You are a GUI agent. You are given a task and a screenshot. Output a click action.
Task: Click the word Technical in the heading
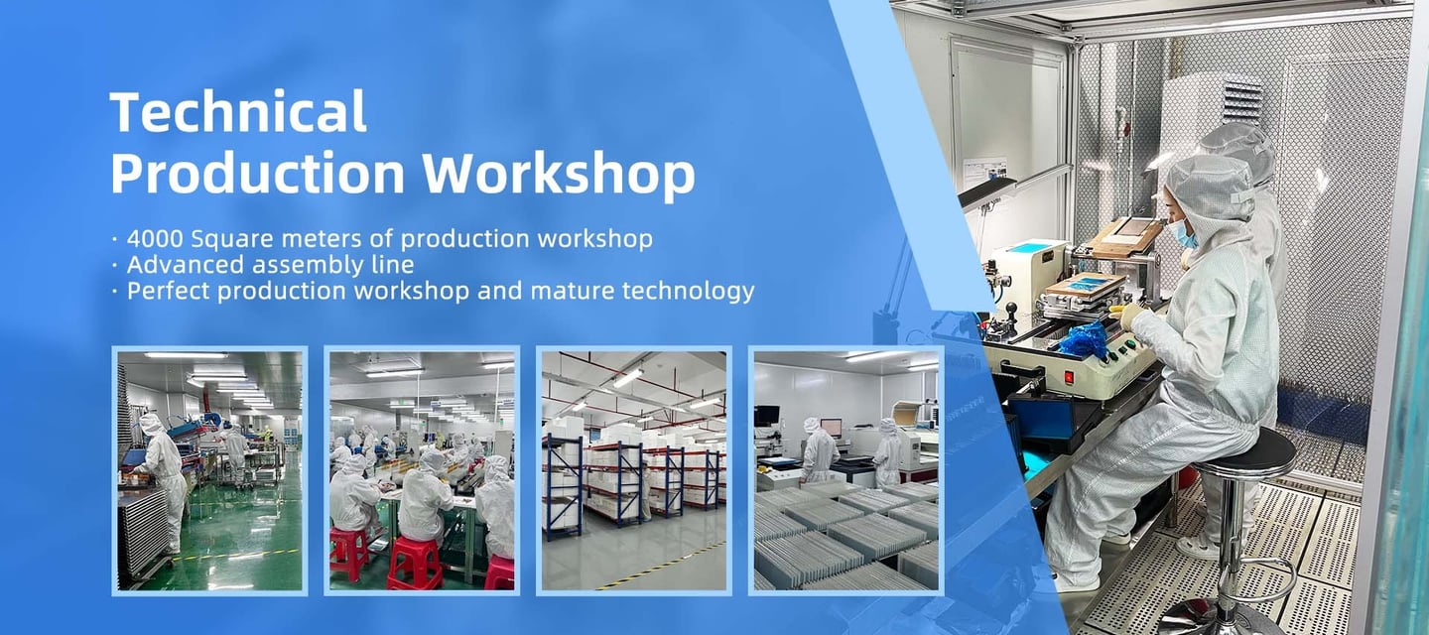(238, 111)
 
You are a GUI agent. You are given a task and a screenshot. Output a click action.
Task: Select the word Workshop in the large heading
(558, 174)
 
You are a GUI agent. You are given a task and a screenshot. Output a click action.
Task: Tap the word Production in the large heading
(258, 174)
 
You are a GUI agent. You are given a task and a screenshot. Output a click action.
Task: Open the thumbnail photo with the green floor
(210, 470)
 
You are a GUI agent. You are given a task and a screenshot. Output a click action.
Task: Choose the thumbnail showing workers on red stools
(422, 470)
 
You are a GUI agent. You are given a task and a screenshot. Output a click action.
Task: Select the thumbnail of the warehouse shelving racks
(633, 470)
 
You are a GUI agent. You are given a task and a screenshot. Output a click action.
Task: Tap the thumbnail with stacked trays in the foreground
(845, 470)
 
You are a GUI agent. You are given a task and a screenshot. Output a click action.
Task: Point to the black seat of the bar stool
(1244, 454)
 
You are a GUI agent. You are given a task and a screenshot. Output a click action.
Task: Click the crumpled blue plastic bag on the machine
(1084, 338)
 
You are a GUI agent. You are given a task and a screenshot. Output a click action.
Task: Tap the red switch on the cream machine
(1069, 377)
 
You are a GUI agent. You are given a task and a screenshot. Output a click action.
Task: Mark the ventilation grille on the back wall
(1242, 102)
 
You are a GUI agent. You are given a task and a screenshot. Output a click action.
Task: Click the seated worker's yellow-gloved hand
(1125, 315)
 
